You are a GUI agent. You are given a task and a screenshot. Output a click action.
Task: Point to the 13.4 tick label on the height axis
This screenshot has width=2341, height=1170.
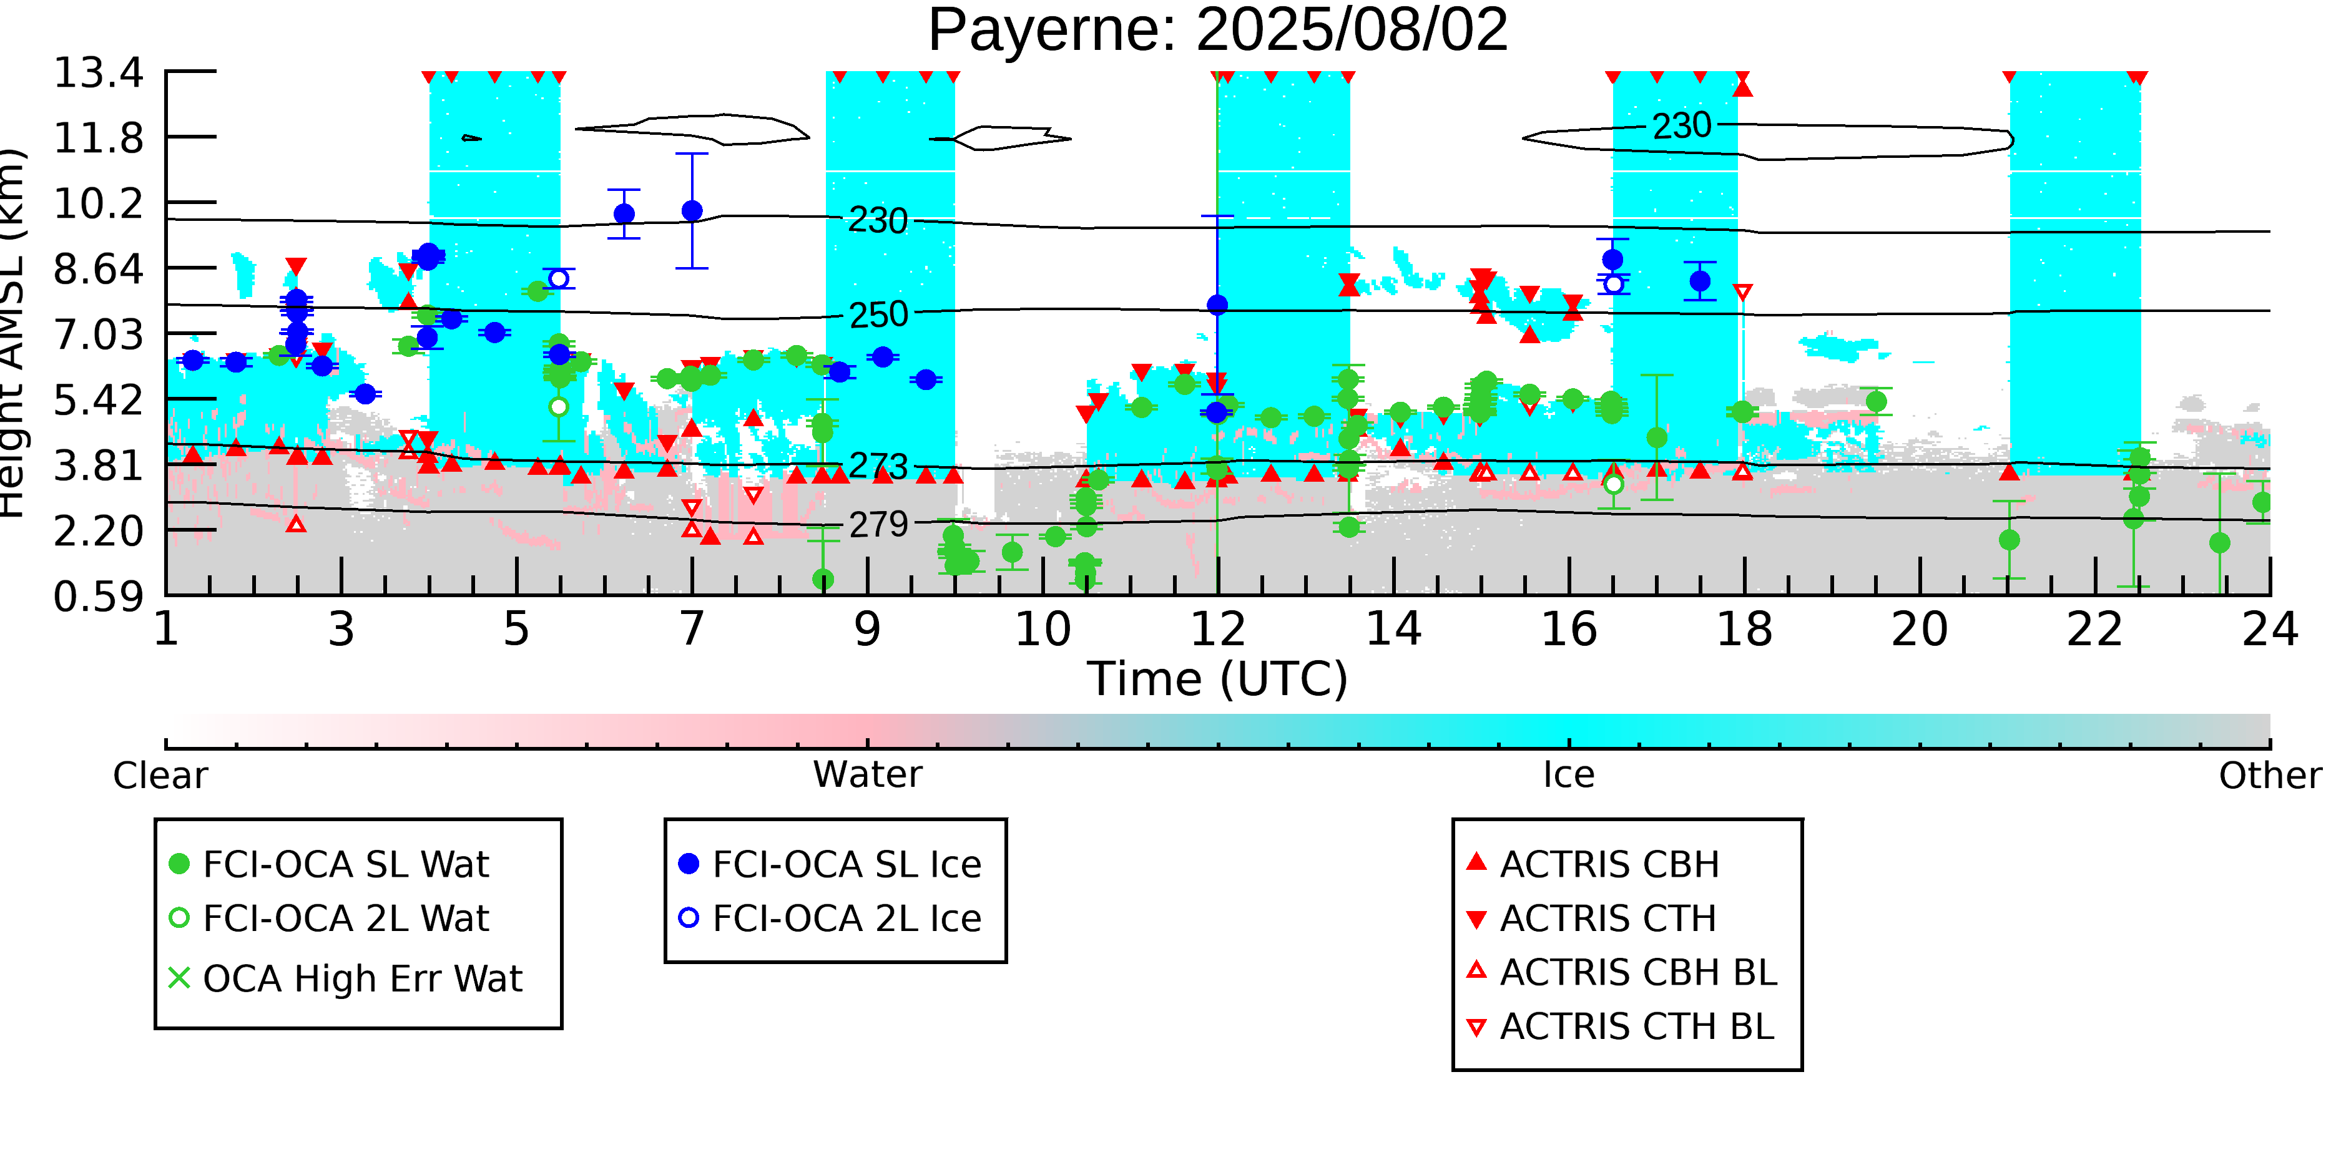(x=98, y=72)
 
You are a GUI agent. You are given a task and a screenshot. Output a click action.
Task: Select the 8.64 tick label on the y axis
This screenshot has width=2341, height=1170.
(x=98, y=269)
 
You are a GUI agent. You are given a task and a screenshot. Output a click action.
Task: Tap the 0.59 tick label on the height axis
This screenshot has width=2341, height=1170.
(x=98, y=597)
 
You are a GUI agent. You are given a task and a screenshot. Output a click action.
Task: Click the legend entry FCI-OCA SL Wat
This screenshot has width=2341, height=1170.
(x=345, y=864)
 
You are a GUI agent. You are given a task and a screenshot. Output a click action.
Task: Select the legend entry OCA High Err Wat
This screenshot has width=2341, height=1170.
(x=361, y=978)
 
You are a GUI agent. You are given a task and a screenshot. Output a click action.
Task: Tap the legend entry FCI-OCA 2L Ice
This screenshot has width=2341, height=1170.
(x=846, y=919)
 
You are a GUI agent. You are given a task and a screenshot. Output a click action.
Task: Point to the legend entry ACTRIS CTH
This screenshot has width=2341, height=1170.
(x=1607, y=919)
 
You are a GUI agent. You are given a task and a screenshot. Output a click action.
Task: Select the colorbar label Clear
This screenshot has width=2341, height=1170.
(x=160, y=776)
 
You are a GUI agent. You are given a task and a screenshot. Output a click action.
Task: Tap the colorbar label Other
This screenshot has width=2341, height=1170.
(x=2269, y=776)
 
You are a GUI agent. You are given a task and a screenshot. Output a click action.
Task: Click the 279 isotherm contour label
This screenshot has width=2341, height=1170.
(x=878, y=525)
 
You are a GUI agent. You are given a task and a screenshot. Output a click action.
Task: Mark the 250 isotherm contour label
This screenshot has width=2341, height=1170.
(x=878, y=315)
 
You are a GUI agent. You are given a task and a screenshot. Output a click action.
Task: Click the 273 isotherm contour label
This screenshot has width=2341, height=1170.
(x=878, y=466)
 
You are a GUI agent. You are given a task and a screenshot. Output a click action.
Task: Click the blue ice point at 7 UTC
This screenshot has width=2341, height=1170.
(x=692, y=211)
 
